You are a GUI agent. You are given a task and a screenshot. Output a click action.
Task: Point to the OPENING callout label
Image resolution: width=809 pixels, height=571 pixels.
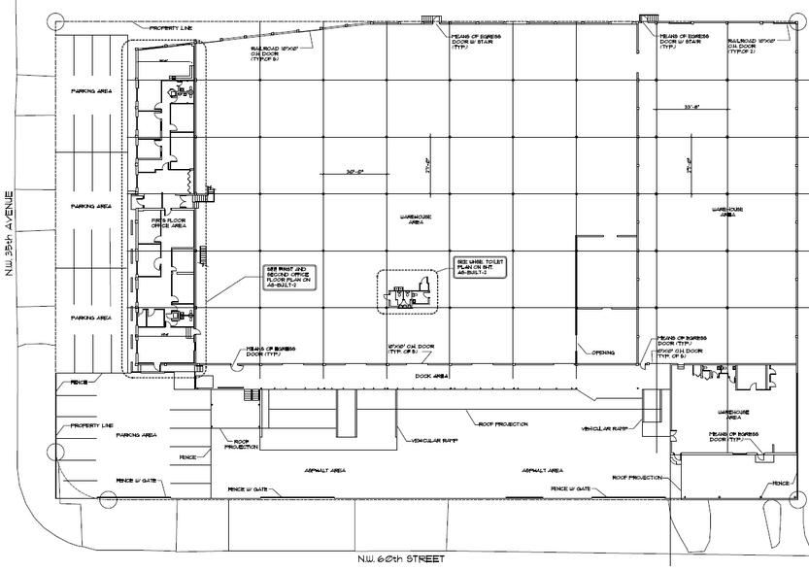tap(603, 353)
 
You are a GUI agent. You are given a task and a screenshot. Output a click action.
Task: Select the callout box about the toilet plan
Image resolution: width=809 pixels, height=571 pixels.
tap(479, 266)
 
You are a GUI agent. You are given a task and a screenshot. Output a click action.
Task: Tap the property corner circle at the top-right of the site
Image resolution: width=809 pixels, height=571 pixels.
tap(798, 20)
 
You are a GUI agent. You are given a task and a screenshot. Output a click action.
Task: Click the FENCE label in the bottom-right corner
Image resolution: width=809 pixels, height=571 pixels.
tap(780, 483)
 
